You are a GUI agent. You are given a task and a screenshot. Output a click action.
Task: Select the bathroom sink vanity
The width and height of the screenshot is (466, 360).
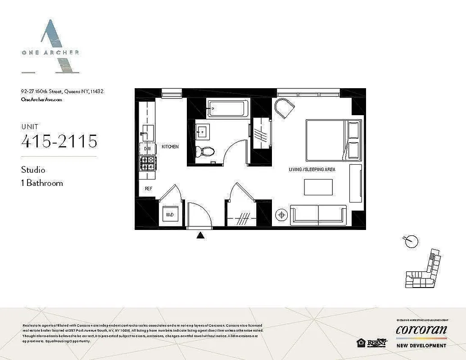tap(202, 132)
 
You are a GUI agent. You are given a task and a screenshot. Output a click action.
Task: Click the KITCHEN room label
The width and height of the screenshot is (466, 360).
tap(170, 147)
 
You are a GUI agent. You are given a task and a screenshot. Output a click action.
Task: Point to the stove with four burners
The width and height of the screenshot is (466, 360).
tap(147, 163)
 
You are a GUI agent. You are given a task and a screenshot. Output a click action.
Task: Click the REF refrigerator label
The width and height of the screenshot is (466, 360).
tap(148, 189)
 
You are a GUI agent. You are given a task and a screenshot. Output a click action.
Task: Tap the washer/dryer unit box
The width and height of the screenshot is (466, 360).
tap(170, 215)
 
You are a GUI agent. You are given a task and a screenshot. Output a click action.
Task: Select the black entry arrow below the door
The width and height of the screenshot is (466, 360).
tap(201, 234)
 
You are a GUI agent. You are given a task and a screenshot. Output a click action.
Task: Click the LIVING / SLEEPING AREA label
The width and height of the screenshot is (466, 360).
tap(312, 170)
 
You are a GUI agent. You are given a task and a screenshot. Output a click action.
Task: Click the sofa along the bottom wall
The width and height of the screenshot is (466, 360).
tap(318, 214)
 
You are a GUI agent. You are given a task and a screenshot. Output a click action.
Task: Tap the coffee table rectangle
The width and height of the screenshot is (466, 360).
tap(318, 187)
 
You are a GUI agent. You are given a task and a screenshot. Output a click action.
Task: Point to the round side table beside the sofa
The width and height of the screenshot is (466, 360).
tap(282, 215)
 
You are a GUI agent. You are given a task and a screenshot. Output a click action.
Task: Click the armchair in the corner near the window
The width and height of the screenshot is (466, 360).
tap(285, 108)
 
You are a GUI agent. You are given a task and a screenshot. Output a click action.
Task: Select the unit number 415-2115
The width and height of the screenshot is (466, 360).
tap(59, 141)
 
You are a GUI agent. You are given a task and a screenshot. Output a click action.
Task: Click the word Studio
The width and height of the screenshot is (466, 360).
tap(33, 170)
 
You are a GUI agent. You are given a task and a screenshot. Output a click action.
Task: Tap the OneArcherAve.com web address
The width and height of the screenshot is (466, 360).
tap(41, 100)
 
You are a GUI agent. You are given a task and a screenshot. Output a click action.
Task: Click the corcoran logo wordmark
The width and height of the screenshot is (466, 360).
tap(421, 330)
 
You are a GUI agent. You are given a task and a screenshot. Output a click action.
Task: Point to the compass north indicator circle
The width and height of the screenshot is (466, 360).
tap(411, 242)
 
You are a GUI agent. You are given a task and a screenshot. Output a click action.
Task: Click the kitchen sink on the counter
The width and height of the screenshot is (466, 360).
tap(147, 133)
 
